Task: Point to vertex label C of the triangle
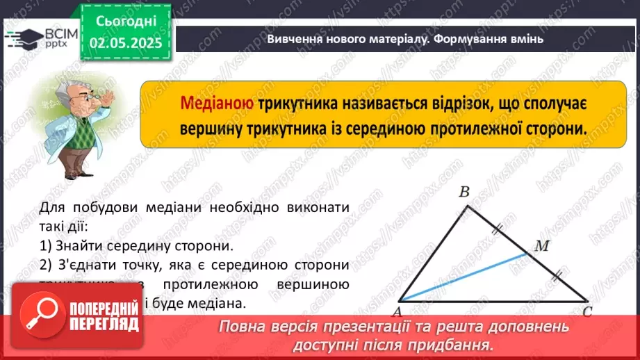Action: pos(586,311)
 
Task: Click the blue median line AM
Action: pos(466,277)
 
